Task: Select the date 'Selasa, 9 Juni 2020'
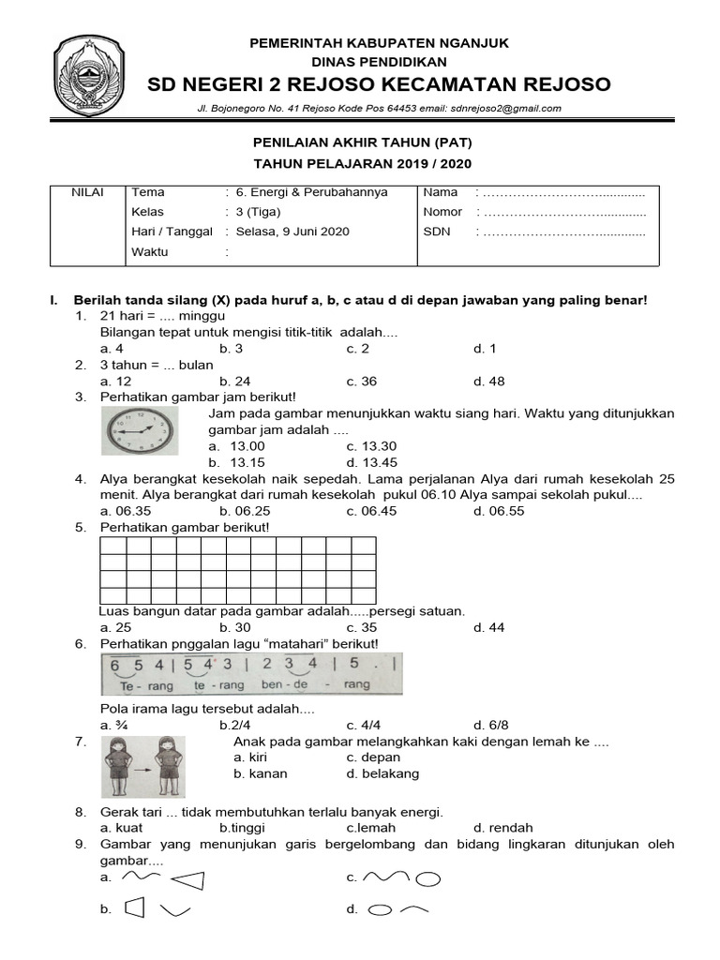pyautogui.click(x=292, y=232)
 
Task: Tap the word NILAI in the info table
pyautogui.click(x=88, y=192)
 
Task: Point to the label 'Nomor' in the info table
pyautogui.click(x=442, y=212)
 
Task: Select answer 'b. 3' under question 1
pyautogui.click(x=232, y=349)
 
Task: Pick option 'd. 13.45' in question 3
pyautogui.click(x=371, y=462)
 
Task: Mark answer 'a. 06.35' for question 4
pyautogui.click(x=124, y=511)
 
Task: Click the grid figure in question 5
pyautogui.click(x=238, y=570)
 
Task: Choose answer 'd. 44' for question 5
pyautogui.click(x=488, y=627)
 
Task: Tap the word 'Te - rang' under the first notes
pyautogui.click(x=133, y=685)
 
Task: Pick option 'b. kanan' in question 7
pyautogui.click(x=261, y=773)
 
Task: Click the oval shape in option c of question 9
pyautogui.click(x=427, y=880)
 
